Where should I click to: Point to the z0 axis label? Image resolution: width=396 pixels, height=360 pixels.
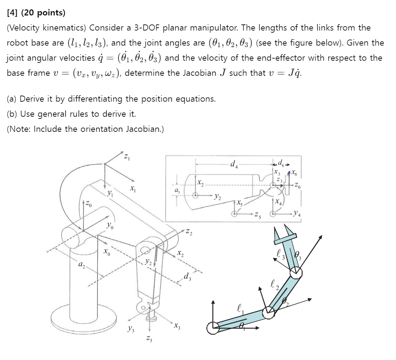(x=89, y=204)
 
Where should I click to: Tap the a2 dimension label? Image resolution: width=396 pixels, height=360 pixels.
(x=82, y=266)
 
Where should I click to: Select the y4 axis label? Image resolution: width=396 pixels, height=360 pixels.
(x=297, y=214)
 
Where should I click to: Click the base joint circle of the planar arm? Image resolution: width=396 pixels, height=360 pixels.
(x=213, y=328)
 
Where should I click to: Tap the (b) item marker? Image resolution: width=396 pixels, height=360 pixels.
(x=12, y=114)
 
